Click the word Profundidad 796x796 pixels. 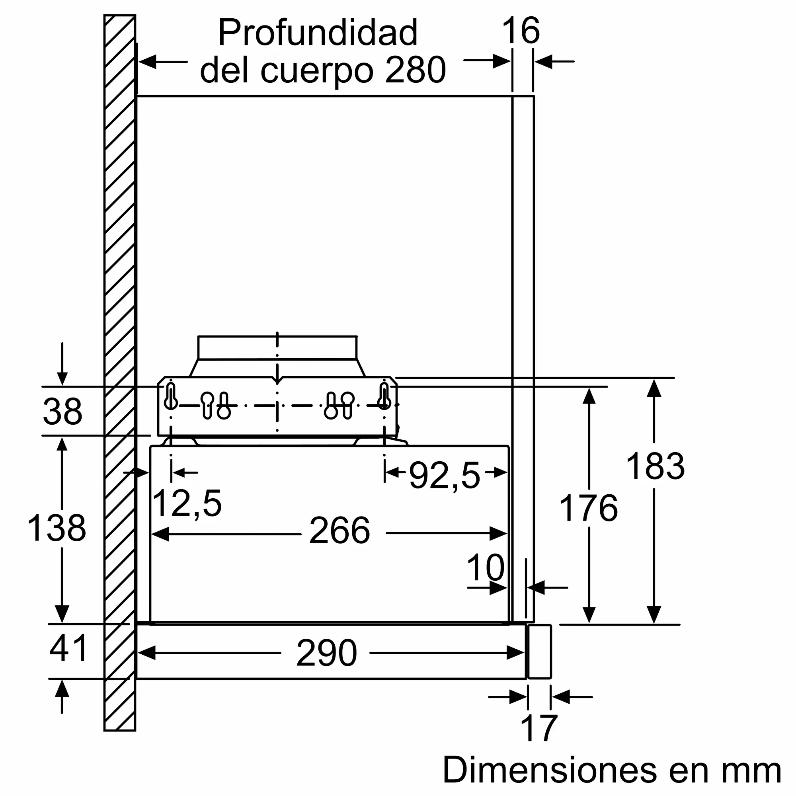[x=318, y=33]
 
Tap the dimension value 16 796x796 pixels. [x=521, y=31]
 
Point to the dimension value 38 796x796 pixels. [x=62, y=411]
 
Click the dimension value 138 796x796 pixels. [x=57, y=528]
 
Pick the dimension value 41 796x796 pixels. [x=68, y=648]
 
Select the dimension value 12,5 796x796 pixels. [x=187, y=503]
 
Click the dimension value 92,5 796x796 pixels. [x=445, y=476]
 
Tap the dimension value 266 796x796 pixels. [x=339, y=531]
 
